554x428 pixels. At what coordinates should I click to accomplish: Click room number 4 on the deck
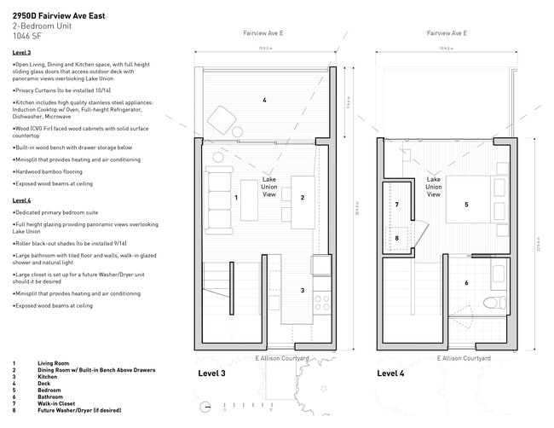click(x=264, y=101)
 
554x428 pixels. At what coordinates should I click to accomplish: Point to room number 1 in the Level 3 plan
click(x=235, y=197)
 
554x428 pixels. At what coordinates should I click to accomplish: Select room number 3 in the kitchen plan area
click(x=302, y=291)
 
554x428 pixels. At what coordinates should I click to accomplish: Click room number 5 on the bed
click(x=466, y=205)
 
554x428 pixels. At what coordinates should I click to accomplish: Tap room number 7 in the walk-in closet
click(x=397, y=205)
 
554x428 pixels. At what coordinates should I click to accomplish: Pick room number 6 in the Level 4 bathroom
click(x=465, y=282)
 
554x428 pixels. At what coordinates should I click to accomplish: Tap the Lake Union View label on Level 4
click(x=433, y=188)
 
